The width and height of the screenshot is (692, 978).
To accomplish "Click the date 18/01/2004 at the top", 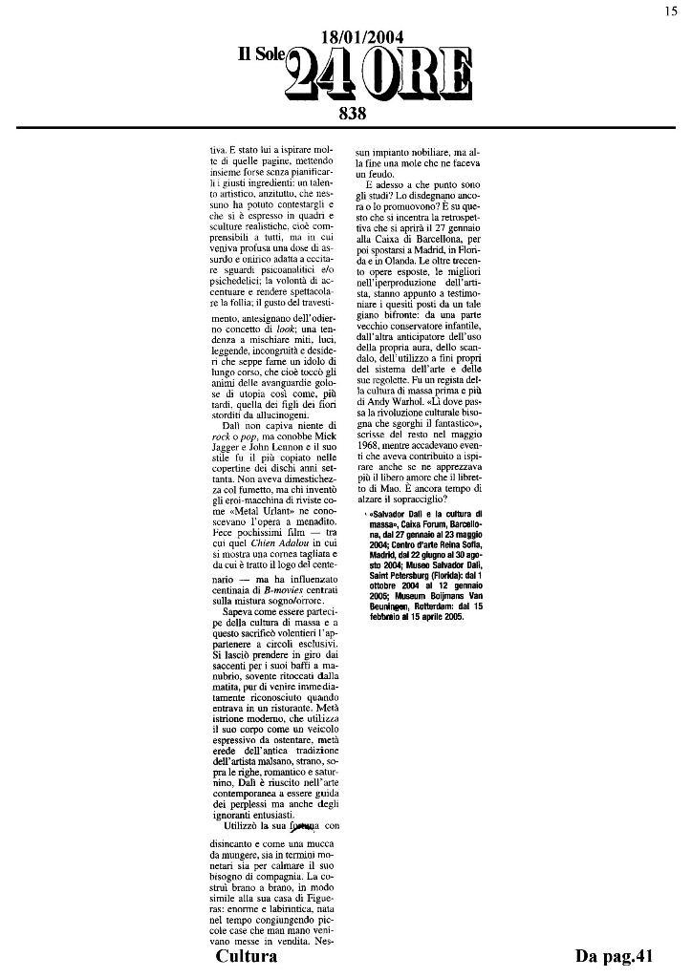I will click(x=361, y=37).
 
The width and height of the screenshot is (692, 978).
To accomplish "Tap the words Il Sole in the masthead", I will click(x=261, y=57).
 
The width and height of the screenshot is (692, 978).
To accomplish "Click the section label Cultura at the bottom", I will click(x=247, y=956).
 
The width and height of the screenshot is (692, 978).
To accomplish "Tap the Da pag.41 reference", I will click(x=614, y=956).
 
